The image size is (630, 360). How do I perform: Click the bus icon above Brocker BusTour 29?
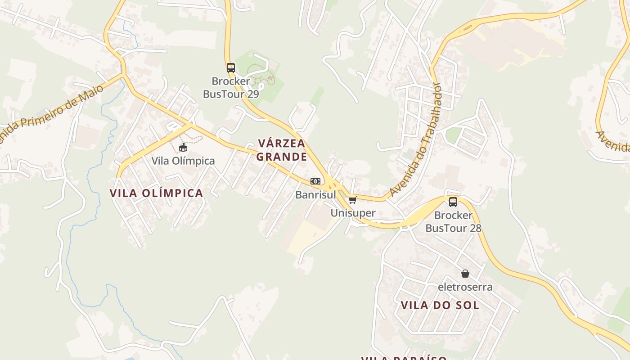[x=231, y=68]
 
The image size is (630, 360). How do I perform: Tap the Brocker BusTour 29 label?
[x=231, y=88]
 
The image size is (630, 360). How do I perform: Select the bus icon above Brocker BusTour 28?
[x=453, y=202]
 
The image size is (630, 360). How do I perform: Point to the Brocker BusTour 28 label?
[x=453, y=222]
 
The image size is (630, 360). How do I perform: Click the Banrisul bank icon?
[x=315, y=181]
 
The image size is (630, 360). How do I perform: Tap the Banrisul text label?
[x=315, y=195]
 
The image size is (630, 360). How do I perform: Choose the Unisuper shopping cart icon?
[x=352, y=200]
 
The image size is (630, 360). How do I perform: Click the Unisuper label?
[x=353, y=213]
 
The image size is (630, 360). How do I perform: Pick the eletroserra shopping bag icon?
[x=465, y=274]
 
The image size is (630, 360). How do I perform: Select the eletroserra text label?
[x=465, y=287]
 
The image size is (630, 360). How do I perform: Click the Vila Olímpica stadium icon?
[x=183, y=148]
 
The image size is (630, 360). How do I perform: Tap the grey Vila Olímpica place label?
[x=183, y=161]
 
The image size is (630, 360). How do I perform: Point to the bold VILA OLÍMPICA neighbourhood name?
[x=156, y=193]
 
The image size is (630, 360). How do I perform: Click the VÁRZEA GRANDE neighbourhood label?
[x=282, y=150]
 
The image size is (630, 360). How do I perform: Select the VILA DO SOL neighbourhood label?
[x=440, y=305]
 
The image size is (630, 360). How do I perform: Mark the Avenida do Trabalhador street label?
[x=416, y=139]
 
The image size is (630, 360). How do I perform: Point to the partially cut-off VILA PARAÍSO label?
[x=404, y=358]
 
